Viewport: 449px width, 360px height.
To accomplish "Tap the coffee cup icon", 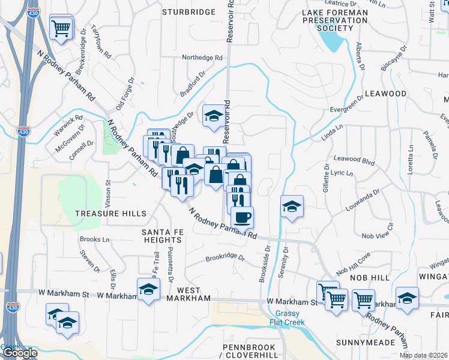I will pos(242,217).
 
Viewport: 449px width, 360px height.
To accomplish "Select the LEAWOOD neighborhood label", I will pos(386,94).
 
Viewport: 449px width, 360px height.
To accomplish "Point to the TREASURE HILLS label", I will pos(110,214).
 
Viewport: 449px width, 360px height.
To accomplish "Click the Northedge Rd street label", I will pos(203,58).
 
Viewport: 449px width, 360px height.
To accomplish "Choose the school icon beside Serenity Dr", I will pos(292,206).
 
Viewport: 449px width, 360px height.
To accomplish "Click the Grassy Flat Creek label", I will pos(291,318).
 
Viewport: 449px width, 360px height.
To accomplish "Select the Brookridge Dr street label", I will pos(225,258).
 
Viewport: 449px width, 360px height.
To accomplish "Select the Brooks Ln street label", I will pos(94,239).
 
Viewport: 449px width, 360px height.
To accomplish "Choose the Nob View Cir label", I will pos(376,236).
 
